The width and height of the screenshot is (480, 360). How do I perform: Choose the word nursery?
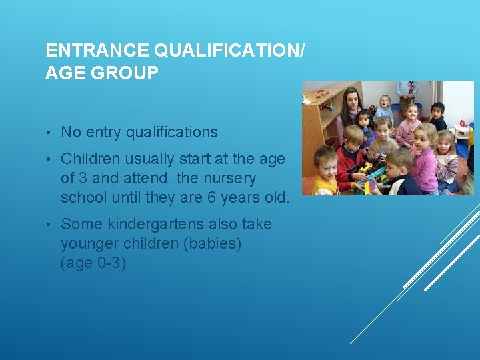point(229,179)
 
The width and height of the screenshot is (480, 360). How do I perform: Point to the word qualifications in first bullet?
point(172,133)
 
